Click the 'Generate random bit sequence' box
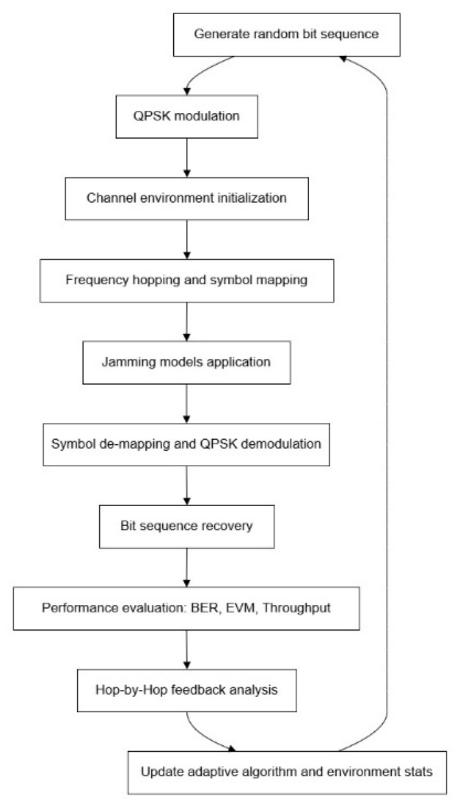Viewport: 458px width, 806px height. pos(287,35)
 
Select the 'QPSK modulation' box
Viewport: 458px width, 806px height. pos(187,116)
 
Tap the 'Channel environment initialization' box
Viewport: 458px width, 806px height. pos(187,198)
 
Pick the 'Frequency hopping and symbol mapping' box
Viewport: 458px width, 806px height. pos(187,280)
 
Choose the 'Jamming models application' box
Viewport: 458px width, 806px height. pos(187,362)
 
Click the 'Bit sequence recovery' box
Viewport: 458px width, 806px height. pos(187,526)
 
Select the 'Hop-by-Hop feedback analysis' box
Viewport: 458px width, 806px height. pos(187,690)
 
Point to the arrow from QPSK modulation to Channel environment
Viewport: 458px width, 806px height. pos(187,157)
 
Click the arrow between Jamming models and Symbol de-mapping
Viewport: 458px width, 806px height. pos(187,404)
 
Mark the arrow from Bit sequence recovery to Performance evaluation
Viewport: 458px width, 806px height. pos(187,568)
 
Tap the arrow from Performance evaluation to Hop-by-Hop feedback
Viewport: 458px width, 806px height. pos(187,649)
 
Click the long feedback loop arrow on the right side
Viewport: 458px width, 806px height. pos(386,403)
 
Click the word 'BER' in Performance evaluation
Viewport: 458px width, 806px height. pos(205,608)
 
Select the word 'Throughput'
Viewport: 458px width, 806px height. pos(296,608)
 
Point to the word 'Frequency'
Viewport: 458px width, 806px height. pos(97,280)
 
